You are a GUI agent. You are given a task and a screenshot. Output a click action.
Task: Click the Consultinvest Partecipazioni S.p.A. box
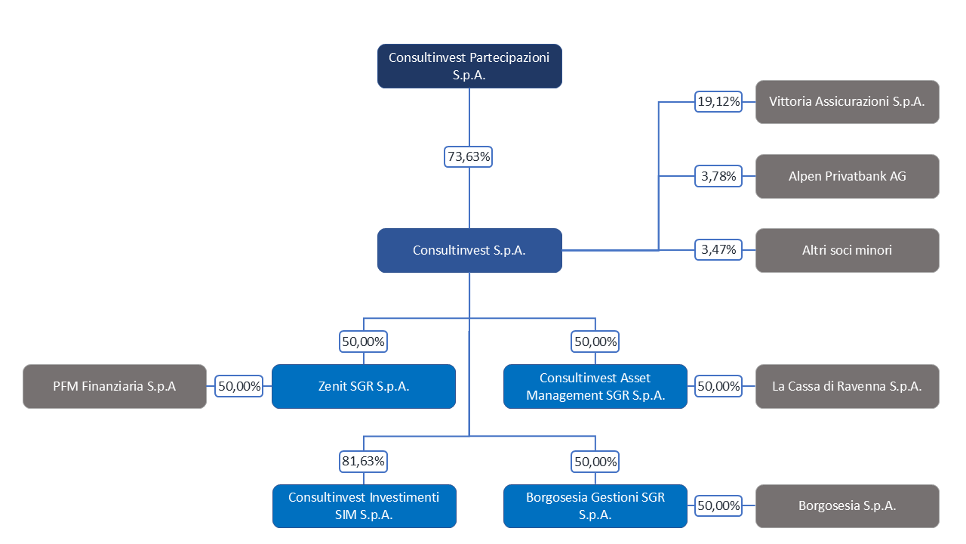(x=469, y=66)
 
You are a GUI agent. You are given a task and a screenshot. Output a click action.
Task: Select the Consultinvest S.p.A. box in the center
(x=469, y=250)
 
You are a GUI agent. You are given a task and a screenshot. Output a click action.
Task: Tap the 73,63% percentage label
(x=469, y=156)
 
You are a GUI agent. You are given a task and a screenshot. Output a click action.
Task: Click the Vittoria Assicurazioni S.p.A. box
(x=847, y=102)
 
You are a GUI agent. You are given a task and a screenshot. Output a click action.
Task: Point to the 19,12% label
(x=718, y=102)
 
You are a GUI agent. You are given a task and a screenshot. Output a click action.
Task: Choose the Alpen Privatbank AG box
(x=847, y=176)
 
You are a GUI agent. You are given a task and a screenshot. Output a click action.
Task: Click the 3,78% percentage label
(x=718, y=176)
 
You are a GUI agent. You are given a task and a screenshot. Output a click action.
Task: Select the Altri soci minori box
(x=847, y=250)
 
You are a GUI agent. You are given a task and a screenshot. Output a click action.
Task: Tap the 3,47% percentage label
(x=718, y=249)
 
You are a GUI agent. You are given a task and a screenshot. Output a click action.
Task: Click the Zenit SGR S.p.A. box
(x=364, y=386)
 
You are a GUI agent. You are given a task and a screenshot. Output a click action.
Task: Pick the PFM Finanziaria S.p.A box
(x=114, y=386)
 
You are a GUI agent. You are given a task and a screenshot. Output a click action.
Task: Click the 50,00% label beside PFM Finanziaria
(x=239, y=386)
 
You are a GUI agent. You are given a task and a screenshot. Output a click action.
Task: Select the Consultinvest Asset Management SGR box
(x=595, y=386)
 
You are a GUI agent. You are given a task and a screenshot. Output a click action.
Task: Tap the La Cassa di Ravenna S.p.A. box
(x=847, y=386)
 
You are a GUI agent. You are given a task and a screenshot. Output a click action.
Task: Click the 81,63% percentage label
(x=363, y=462)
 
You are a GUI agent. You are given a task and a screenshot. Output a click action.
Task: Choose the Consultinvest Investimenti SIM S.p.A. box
(x=364, y=506)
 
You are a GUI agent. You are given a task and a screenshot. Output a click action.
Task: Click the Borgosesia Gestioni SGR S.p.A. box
(x=595, y=506)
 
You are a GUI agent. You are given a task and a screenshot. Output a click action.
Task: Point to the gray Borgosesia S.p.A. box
(x=847, y=506)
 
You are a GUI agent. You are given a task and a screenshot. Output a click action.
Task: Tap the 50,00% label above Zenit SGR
(x=363, y=342)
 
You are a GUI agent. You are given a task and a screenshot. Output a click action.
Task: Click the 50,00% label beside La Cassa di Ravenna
(x=718, y=386)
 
